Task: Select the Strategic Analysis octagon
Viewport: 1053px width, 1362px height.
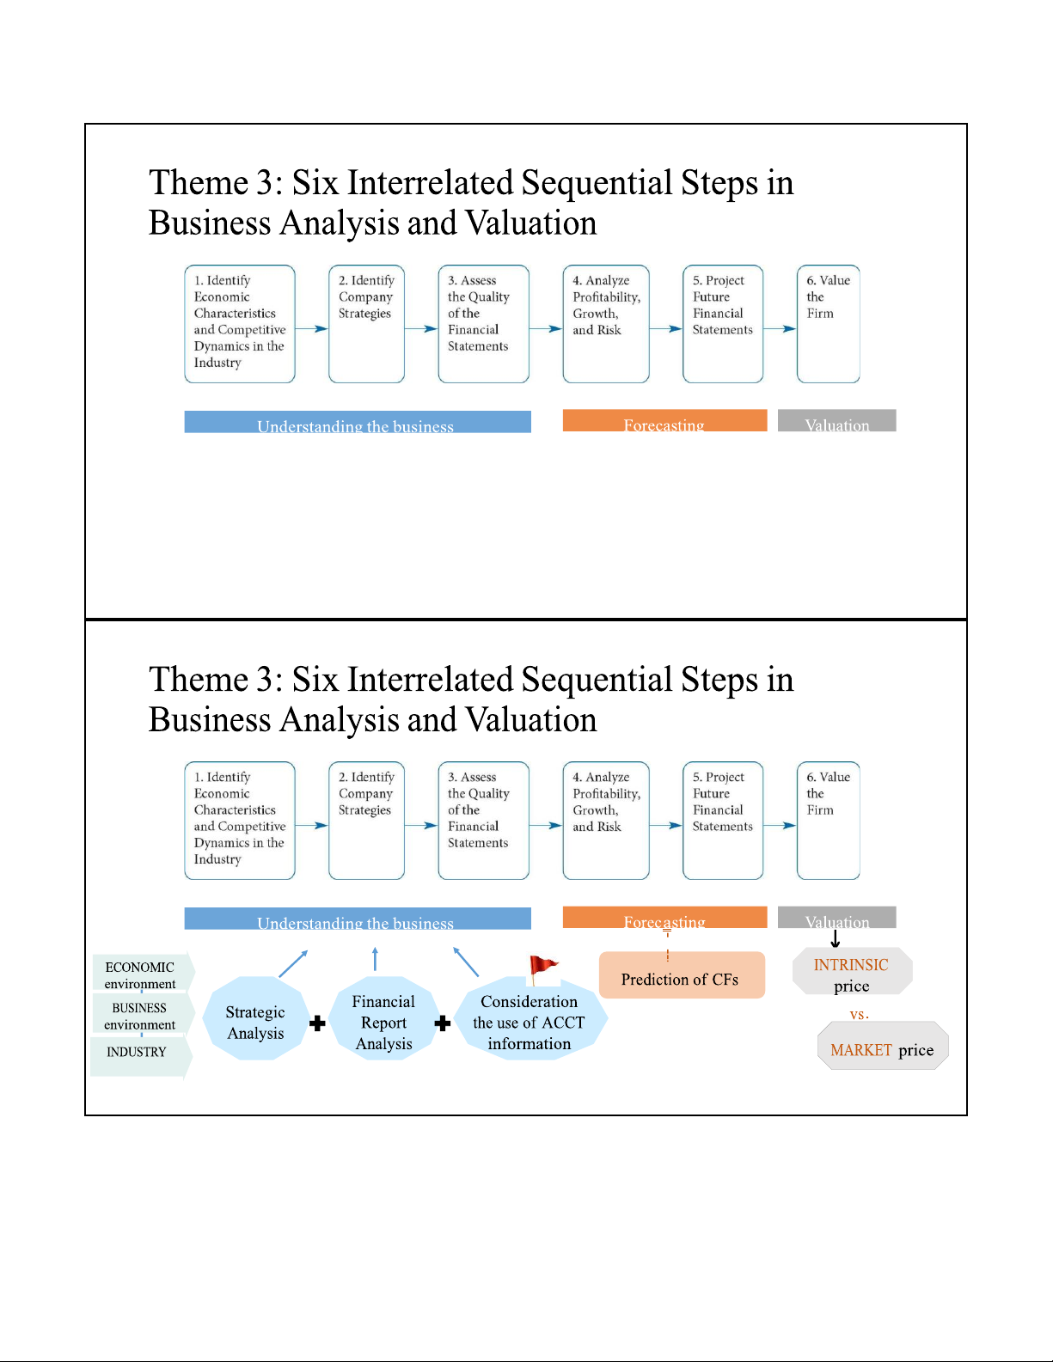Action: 256,1018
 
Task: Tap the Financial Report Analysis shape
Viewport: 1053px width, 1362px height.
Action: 383,1018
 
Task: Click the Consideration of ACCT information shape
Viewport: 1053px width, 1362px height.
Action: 530,1019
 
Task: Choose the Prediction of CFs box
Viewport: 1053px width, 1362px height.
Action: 682,974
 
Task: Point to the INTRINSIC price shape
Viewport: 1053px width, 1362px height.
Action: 852,971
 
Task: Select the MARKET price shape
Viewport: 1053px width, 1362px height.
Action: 883,1045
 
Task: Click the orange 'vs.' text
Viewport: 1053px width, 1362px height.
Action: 860,1014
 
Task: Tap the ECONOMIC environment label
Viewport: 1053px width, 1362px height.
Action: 140,974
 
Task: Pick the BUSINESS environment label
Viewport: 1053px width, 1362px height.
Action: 140,1015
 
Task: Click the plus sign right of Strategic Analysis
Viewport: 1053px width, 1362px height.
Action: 317,1023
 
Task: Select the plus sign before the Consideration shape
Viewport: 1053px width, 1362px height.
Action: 443,1023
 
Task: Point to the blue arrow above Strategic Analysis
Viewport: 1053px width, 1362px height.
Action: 293,963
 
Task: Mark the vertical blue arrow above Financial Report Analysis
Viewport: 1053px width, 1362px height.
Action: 375,959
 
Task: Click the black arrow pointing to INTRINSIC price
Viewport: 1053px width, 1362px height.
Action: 835,938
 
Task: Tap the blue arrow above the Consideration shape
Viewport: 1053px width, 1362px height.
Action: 466,962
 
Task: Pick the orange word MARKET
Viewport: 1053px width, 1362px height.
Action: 861,1050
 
